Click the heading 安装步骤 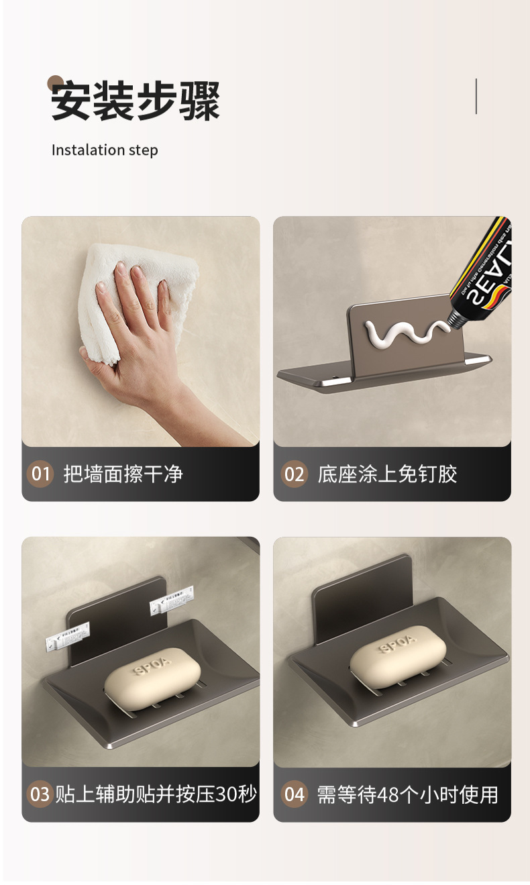point(136,101)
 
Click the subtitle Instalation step point(105,150)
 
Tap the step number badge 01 point(40,474)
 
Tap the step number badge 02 point(294,474)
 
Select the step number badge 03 point(40,794)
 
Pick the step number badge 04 point(294,794)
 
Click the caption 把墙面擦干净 point(123,474)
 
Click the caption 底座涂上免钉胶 point(387,474)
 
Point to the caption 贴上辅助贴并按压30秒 point(156,794)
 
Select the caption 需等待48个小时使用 point(407,794)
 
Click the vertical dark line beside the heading point(476,96)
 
